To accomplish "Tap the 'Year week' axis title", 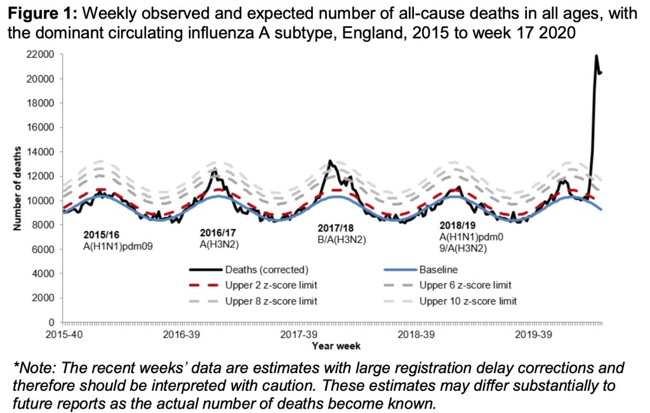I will tap(336, 346).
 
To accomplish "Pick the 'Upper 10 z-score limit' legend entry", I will tap(468, 300).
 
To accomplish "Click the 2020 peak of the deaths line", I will tap(597, 56).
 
